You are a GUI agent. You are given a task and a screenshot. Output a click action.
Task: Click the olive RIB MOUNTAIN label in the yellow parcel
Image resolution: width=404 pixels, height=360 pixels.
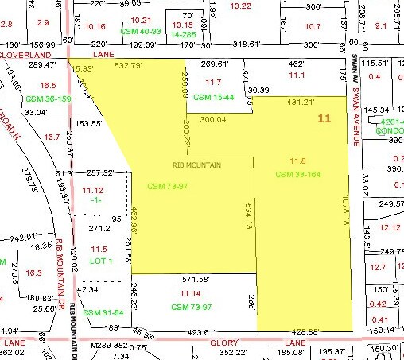(x=198, y=165)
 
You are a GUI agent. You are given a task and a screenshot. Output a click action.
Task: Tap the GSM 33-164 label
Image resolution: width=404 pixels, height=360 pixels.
(x=297, y=174)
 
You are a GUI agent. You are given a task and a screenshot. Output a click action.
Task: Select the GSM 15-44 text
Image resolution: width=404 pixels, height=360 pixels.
(x=212, y=97)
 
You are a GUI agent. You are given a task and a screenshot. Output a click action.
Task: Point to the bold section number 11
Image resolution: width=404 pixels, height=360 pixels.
(x=324, y=118)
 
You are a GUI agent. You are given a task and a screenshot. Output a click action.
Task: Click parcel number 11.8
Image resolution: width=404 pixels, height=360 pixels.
(x=297, y=161)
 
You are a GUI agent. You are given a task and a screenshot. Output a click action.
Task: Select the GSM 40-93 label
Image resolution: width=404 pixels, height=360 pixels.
(x=140, y=31)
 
